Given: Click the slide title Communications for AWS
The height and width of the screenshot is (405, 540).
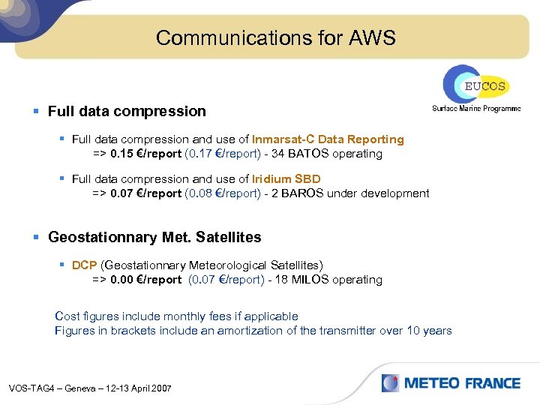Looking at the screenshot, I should [275, 37].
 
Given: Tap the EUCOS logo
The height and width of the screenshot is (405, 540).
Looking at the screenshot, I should [474, 85].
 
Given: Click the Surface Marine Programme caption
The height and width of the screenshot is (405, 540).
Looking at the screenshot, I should [475, 109].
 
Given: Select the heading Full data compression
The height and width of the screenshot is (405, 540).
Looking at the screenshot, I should [126, 111].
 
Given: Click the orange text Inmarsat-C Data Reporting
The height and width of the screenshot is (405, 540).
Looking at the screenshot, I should [328, 139].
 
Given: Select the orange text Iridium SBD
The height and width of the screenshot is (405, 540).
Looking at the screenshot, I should [286, 178].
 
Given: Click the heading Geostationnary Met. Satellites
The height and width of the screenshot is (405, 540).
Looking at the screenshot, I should [154, 237].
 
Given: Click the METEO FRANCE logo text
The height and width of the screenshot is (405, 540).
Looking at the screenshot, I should [462, 383].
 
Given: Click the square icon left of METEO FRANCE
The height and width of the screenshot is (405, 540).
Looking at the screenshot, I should [390, 383].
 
